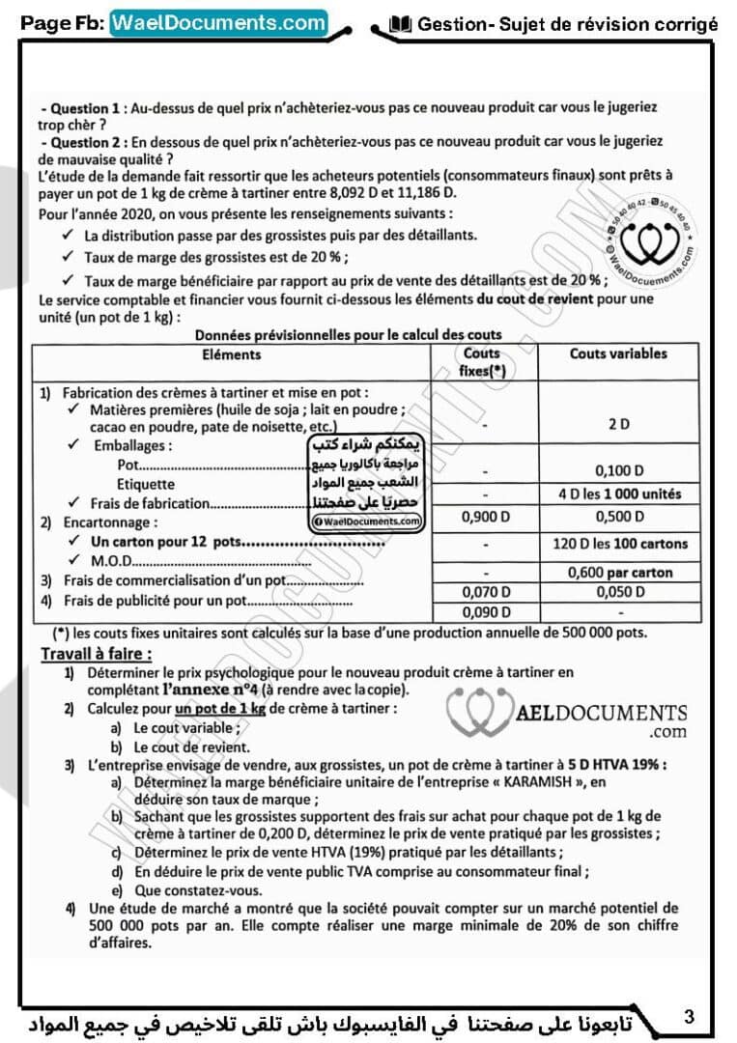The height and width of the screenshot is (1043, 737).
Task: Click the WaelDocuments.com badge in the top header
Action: pos(218,23)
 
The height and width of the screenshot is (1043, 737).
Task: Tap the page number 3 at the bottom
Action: pos(689,1015)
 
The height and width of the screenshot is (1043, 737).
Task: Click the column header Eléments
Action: pos(232,354)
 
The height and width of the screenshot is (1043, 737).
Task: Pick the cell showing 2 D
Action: pos(619,424)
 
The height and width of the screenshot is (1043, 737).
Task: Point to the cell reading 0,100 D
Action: pos(619,471)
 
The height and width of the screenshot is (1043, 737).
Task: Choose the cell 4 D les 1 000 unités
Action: pos(619,494)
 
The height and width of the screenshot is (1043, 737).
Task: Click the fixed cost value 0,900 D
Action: pos(483,517)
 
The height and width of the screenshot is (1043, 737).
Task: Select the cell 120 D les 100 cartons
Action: pos(619,544)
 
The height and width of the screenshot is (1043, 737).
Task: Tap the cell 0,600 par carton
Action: pos(619,572)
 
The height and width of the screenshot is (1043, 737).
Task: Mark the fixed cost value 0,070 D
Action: pos(483,592)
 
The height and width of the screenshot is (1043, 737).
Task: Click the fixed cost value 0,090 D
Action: pos(483,612)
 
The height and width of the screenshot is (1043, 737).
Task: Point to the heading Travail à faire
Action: pos(96,654)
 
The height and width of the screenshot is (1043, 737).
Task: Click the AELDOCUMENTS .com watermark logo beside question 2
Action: pos(570,718)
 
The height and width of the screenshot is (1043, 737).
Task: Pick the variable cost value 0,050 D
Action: pos(619,592)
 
